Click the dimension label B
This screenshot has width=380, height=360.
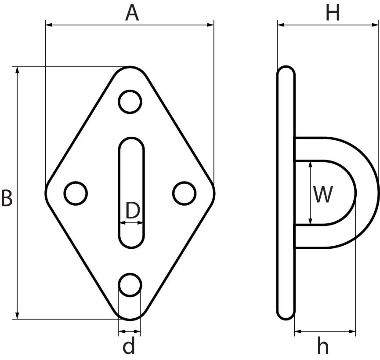(6, 198)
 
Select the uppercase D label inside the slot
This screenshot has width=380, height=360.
(132, 211)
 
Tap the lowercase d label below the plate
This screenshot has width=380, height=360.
(129, 346)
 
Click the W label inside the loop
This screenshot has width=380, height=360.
(323, 194)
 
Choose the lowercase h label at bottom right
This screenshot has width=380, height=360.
(323, 346)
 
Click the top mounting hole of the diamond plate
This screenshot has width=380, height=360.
(130, 102)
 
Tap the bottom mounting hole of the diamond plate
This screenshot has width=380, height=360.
(130, 284)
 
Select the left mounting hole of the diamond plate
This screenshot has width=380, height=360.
(76, 193)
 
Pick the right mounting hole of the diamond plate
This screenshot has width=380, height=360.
(184, 193)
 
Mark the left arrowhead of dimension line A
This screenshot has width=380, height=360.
(49, 25)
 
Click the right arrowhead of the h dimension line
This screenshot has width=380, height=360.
(352, 331)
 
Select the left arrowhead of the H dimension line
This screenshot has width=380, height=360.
(280, 25)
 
